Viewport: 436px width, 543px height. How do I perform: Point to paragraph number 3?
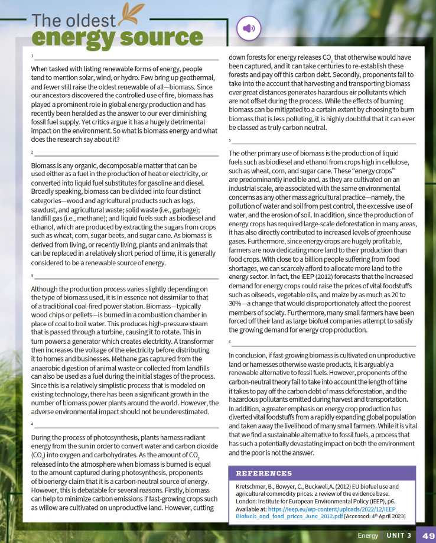(x=32, y=275)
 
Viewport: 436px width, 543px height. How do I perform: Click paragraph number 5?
(x=230, y=141)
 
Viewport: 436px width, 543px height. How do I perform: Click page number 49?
(x=428, y=535)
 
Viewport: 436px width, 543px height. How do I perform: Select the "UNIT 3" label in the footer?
(x=400, y=535)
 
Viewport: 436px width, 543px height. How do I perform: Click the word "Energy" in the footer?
(x=367, y=535)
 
